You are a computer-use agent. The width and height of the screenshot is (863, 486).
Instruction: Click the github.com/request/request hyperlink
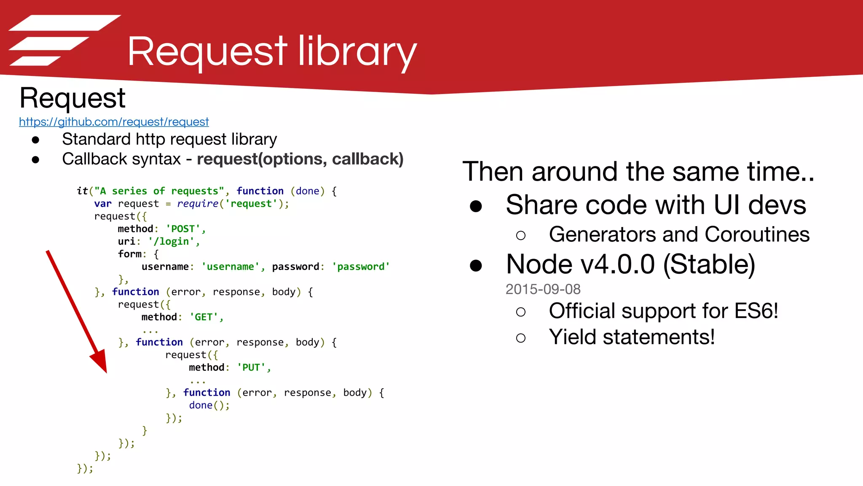(114, 122)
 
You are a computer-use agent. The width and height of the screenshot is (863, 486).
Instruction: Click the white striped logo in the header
(63, 40)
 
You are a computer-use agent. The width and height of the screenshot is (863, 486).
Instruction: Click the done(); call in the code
(209, 405)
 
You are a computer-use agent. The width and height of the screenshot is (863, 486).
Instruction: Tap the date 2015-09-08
(543, 289)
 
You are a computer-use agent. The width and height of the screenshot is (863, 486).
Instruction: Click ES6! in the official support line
(756, 311)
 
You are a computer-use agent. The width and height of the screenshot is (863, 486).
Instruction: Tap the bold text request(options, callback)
(300, 159)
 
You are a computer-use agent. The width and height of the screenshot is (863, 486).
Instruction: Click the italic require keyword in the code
(197, 204)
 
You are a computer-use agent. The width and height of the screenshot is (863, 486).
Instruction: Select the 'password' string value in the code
(361, 267)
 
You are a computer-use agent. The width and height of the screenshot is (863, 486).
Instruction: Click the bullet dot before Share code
(476, 206)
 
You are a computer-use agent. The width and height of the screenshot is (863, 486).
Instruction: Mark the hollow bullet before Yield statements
(521, 338)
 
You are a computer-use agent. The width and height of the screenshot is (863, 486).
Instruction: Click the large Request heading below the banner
(72, 98)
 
